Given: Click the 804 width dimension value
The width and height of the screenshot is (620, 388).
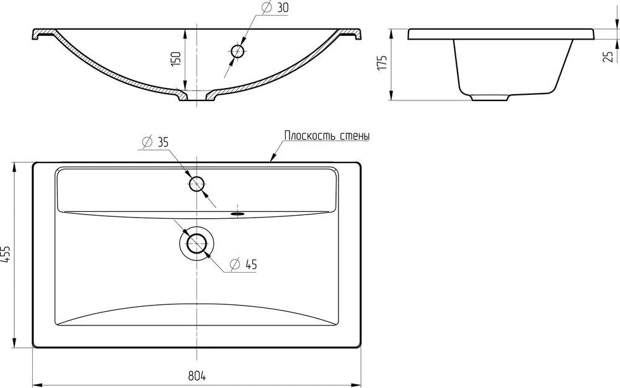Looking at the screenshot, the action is [197, 376].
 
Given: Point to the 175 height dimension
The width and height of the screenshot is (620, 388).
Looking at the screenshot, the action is [383, 63].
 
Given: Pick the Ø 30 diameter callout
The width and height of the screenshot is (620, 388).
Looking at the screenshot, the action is [275, 8].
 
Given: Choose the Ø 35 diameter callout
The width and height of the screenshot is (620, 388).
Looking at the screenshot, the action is [154, 142].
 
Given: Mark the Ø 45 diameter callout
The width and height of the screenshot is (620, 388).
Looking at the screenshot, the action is [243, 264].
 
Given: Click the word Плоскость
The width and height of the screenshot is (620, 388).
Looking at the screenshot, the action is [305, 136].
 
